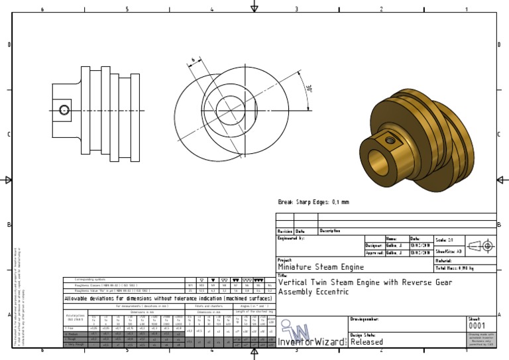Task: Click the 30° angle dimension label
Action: pos(309,89)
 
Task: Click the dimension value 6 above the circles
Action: pos(193,61)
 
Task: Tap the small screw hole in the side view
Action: pos(64,109)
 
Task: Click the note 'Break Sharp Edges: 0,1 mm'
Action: pos(313,202)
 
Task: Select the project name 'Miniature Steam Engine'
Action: pos(321,267)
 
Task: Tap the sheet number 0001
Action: pos(477,326)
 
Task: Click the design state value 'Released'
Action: pos(367,342)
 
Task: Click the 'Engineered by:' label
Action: pos(291,237)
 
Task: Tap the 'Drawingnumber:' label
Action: pos(364,320)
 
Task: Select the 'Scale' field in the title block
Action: pos(444,239)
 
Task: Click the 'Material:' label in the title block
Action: pos(443,261)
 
